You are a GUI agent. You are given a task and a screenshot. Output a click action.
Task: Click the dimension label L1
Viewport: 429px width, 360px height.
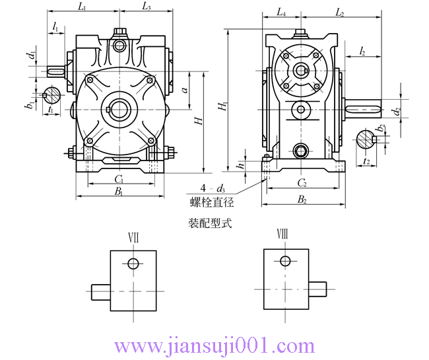(x=81, y=7)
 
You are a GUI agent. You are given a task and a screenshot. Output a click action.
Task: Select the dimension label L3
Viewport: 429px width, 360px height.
(x=147, y=7)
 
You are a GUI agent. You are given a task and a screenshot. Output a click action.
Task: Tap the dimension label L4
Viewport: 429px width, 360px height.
(x=280, y=13)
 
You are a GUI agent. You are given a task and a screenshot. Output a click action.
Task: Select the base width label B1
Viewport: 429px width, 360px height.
(x=119, y=192)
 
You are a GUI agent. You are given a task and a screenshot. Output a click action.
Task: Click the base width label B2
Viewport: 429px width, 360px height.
(x=301, y=199)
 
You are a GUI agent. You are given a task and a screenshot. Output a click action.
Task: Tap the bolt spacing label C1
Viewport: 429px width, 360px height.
(x=119, y=179)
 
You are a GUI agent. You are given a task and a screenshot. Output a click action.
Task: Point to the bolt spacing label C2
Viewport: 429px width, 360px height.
(x=301, y=183)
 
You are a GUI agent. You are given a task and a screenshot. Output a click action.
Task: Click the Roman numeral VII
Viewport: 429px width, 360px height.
(x=133, y=236)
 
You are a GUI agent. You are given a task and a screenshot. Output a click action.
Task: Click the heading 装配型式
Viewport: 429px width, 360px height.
(x=210, y=223)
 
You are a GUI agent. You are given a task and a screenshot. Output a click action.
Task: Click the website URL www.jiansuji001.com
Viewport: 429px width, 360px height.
(x=214, y=345)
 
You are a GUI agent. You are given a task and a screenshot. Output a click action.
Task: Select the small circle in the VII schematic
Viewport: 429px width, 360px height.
(x=133, y=264)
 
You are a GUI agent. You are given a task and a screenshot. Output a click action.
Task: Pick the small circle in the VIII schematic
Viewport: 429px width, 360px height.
(x=285, y=261)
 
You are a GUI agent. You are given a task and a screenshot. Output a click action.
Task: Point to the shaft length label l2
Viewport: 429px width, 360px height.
(x=364, y=51)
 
